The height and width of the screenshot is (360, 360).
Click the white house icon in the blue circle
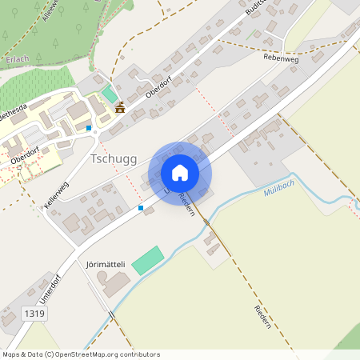click(179, 173)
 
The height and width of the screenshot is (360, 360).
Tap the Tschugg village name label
click(115, 158)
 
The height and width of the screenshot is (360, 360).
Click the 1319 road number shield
click(35, 314)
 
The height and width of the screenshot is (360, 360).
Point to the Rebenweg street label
click(280, 58)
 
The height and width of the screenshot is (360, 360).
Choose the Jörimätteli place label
click(106, 263)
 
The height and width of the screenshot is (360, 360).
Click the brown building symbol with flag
click(120, 108)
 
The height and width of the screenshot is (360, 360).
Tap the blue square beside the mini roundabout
click(88, 127)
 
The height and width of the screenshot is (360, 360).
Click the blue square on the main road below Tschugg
click(141, 208)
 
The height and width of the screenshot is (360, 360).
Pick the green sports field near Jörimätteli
click(147, 260)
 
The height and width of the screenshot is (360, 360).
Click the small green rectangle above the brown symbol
click(110, 94)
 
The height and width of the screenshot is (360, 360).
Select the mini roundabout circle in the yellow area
click(94, 132)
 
